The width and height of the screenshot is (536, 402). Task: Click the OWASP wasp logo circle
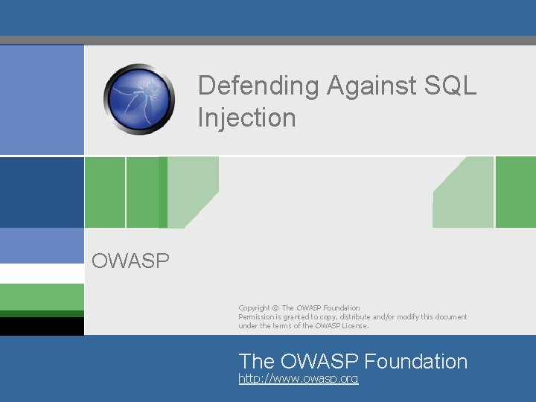(139, 98)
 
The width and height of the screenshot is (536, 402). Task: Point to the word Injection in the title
(246, 118)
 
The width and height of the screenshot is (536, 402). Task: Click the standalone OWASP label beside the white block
(130, 261)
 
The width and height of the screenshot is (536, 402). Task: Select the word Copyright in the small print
(254, 307)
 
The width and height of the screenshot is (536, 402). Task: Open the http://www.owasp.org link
(298, 379)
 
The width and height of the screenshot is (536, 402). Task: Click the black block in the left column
(42, 326)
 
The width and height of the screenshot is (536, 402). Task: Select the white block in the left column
(42, 273)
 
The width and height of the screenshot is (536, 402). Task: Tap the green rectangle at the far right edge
(515, 192)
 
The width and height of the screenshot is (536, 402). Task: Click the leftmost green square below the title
(104, 192)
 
